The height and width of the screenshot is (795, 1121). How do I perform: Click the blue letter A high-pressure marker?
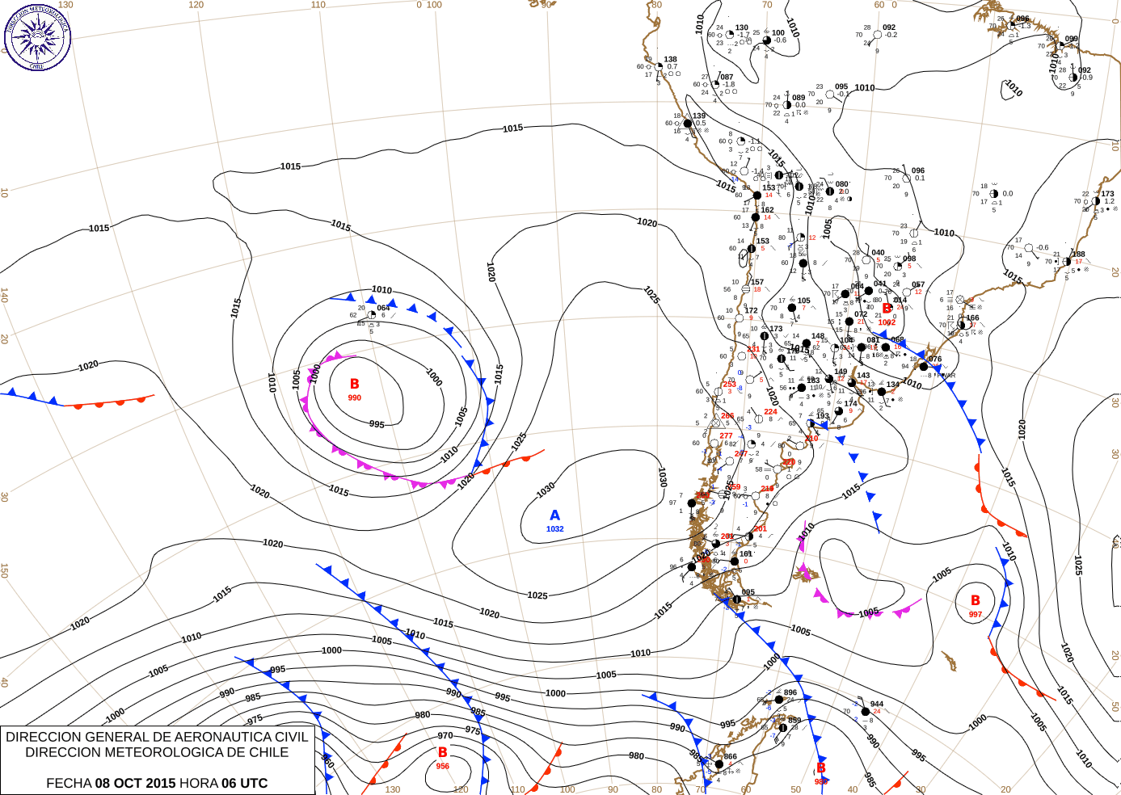pos(554,515)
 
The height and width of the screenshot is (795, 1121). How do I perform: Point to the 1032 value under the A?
pos(554,529)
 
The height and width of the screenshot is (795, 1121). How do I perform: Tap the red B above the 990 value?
pos(354,385)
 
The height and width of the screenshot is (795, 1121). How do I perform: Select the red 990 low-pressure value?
pos(354,397)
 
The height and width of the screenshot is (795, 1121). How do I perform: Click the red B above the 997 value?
pos(976,600)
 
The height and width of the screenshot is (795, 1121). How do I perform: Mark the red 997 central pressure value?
pos(976,615)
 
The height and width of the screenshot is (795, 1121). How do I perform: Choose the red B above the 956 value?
pos(443,752)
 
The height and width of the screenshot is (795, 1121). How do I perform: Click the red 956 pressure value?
pos(443,766)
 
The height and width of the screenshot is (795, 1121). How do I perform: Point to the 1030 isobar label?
pos(546,490)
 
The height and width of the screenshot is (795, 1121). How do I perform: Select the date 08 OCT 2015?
pos(135,783)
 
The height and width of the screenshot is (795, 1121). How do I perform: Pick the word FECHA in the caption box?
pos(69,783)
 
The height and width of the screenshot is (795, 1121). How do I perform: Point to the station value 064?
pos(383,308)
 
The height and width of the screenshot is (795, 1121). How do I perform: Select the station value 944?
pos(877,705)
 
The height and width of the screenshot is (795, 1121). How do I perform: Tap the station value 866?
pos(731,757)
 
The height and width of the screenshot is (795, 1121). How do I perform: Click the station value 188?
pos(1079,254)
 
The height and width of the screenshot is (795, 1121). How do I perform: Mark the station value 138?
pos(671,60)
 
